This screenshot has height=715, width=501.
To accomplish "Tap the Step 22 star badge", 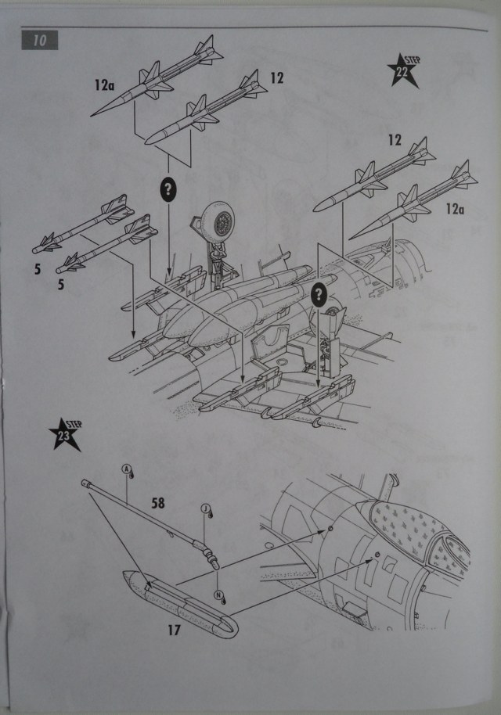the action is (403, 72).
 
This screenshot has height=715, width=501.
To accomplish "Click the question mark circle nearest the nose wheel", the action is (168, 189).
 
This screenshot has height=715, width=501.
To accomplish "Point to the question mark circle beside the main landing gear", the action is (319, 294).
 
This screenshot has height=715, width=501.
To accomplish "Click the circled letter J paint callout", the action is (206, 508).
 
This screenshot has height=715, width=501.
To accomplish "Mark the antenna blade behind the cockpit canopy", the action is (389, 485).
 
